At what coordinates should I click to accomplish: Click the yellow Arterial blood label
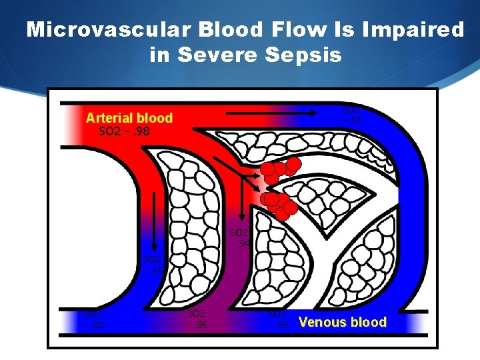click(129, 118)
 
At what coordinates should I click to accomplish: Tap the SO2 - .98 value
click(124, 131)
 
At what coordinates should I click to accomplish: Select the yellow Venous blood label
click(342, 323)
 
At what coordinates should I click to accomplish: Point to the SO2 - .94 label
click(239, 238)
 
